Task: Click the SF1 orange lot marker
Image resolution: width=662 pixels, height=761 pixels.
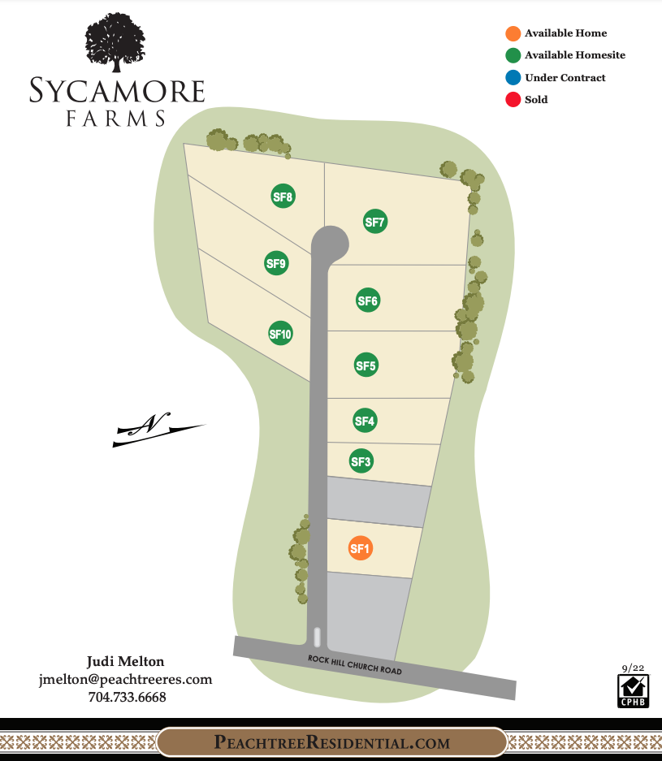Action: tap(360, 549)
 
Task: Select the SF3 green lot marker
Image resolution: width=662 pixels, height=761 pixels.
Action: tap(361, 462)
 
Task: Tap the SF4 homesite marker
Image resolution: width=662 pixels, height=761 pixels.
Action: tap(365, 421)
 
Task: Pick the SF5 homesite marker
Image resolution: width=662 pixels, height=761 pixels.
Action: tap(366, 365)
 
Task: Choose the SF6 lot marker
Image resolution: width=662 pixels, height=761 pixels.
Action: tap(368, 301)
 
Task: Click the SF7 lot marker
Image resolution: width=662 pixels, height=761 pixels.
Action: tap(374, 222)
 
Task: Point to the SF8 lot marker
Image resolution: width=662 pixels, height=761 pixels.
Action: tap(283, 196)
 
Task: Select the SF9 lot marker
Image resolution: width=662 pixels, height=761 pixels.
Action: tap(277, 262)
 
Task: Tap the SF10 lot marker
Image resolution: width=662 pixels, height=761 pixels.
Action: tap(280, 333)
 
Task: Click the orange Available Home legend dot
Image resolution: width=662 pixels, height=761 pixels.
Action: tap(513, 33)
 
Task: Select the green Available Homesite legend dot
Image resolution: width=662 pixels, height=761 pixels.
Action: tap(513, 55)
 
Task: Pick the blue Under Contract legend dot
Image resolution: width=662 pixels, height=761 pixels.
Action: tap(513, 78)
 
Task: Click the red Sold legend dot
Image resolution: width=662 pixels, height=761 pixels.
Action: tap(513, 100)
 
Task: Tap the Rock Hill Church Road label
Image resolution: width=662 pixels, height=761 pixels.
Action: tap(354, 665)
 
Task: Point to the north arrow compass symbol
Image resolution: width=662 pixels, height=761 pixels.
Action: tap(158, 428)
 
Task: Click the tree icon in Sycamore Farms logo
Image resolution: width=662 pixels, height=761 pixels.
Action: tap(117, 45)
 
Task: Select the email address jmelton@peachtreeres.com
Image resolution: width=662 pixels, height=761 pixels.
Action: tap(125, 679)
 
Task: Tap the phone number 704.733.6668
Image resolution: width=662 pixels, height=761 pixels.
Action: tap(127, 697)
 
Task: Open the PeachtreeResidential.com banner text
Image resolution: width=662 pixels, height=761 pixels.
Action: tap(331, 742)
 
